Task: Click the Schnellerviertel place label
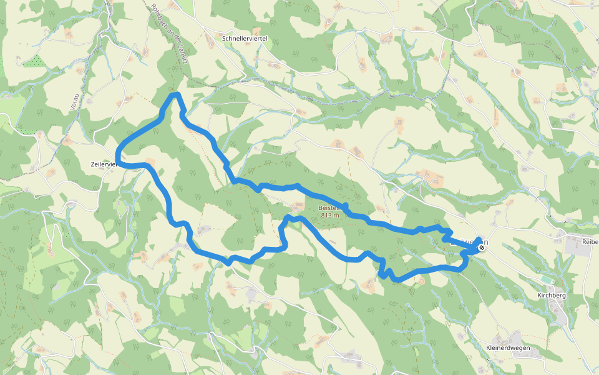coord(245,39)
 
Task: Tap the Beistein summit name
coord(329,207)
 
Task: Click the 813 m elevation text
coord(330,216)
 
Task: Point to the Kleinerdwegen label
coord(507,347)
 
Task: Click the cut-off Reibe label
coord(590,242)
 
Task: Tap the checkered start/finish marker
coord(482,247)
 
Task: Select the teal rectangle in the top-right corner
coord(578,26)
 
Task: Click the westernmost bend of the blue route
coord(117,156)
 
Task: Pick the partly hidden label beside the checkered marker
coord(467,241)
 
